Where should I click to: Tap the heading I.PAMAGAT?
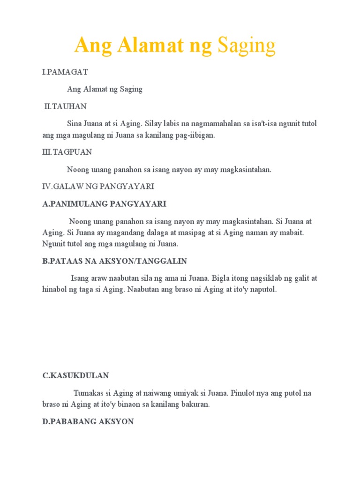click(65, 72)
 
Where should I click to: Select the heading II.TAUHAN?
click(65, 106)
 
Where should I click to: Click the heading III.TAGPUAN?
click(67, 152)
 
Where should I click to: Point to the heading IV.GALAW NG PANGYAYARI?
click(98, 186)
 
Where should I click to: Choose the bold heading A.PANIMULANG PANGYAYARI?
click(104, 203)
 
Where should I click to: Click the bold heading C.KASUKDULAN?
click(75, 375)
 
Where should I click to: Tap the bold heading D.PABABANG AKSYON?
click(88, 421)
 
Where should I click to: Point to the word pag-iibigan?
click(195, 135)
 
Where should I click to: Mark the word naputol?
click(263, 290)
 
